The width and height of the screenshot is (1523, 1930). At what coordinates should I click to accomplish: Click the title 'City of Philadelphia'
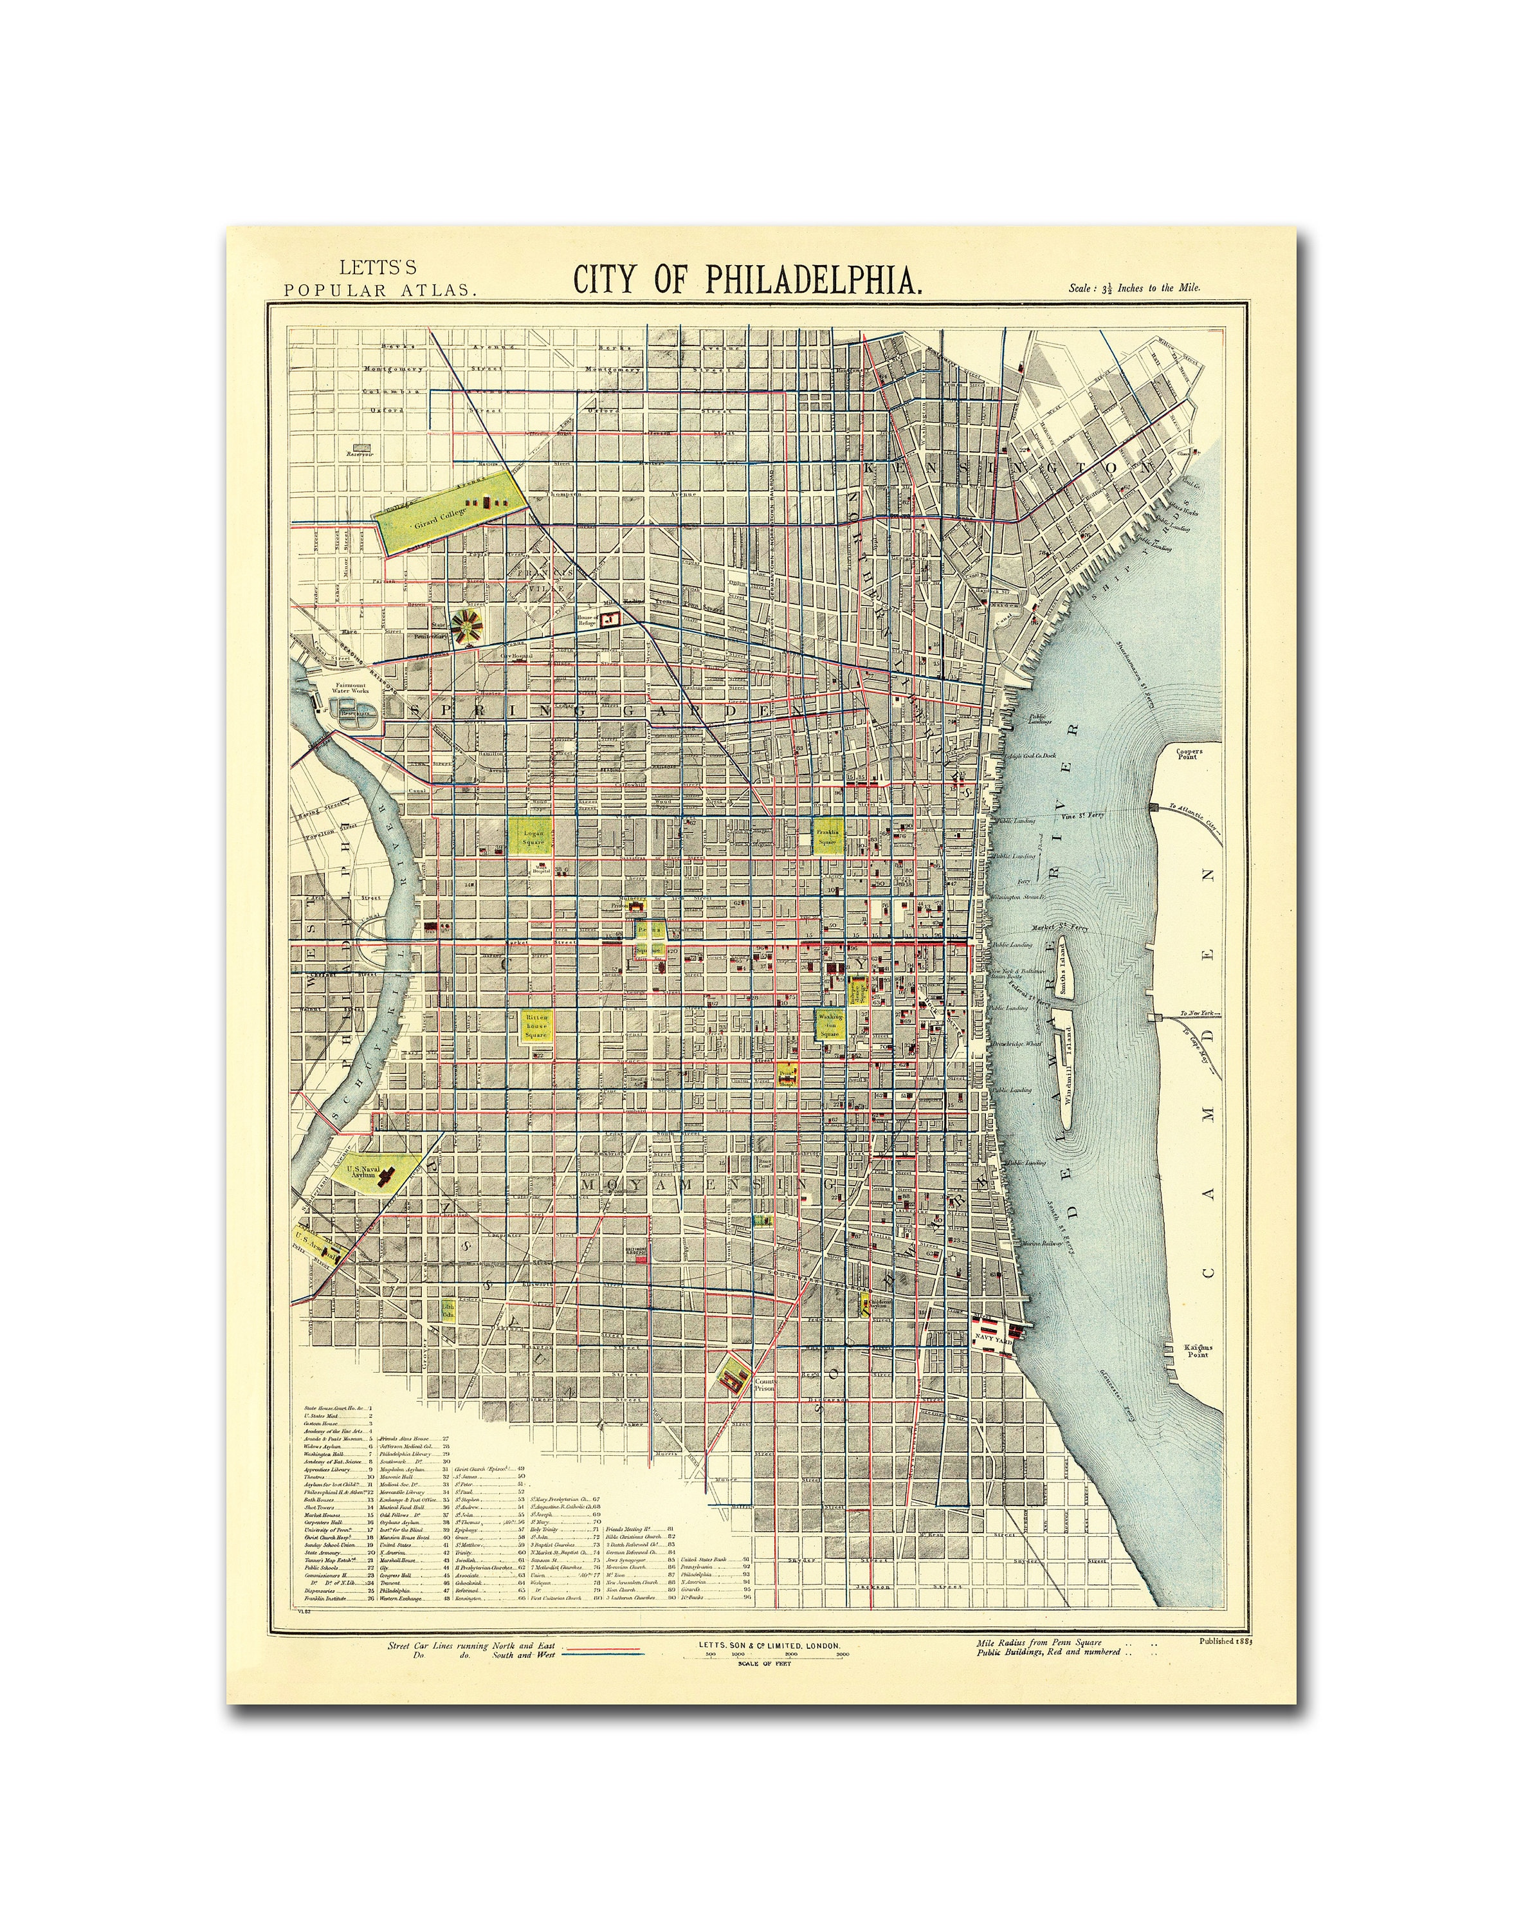[x=747, y=279]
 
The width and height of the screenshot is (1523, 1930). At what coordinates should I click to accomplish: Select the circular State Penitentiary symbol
[x=464, y=627]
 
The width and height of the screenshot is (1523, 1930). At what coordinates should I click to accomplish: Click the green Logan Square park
[x=531, y=836]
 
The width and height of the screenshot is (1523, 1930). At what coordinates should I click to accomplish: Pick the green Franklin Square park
[x=828, y=836]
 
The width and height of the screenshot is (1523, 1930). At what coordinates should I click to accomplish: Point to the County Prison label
[x=765, y=1385]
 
